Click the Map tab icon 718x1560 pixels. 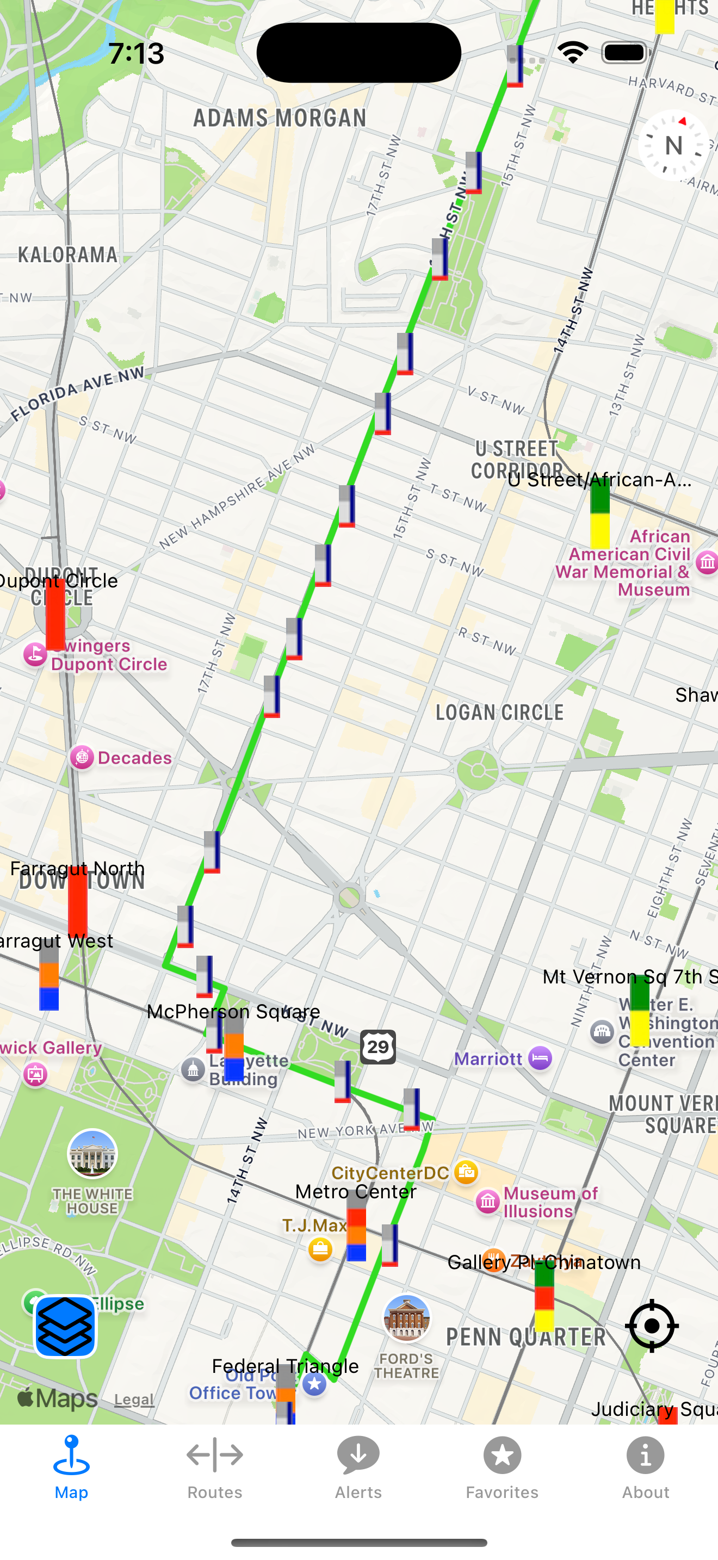71,1457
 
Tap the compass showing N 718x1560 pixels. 673,145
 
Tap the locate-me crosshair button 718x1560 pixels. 652,1326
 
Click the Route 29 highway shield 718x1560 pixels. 379,1047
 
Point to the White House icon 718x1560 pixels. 92,1154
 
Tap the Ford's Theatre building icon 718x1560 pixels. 407,1319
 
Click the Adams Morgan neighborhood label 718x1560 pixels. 280,117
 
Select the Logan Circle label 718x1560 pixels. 499,712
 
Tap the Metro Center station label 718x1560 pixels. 356,1192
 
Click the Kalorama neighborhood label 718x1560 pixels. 68,255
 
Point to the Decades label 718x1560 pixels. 134,758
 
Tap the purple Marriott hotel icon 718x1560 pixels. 540,1058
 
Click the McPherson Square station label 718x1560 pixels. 233,1011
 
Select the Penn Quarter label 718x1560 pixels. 525,1336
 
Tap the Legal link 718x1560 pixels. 134,1400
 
